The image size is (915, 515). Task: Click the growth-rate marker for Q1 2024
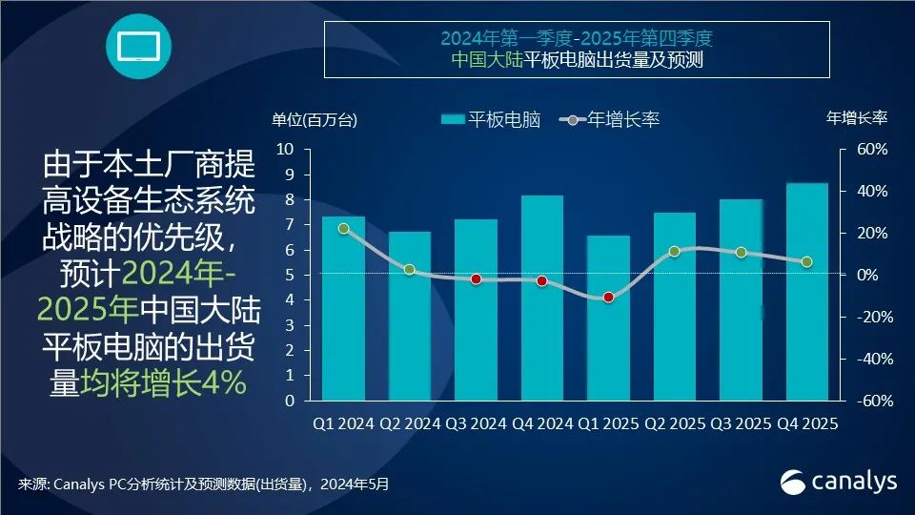point(344,229)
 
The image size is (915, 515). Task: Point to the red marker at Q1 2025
point(608,298)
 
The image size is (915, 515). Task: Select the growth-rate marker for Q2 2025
point(674,252)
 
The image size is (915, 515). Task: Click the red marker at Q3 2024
point(476,279)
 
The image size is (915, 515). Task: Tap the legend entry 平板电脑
point(491,119)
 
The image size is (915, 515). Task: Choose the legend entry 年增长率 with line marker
point(610,119)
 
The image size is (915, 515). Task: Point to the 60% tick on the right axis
point(872,150)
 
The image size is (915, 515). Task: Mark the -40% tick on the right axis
point(872,360)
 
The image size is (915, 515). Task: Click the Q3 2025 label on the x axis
point(740,423)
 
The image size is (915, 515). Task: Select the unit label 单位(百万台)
point(315,119)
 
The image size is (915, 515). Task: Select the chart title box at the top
point(577,50)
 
